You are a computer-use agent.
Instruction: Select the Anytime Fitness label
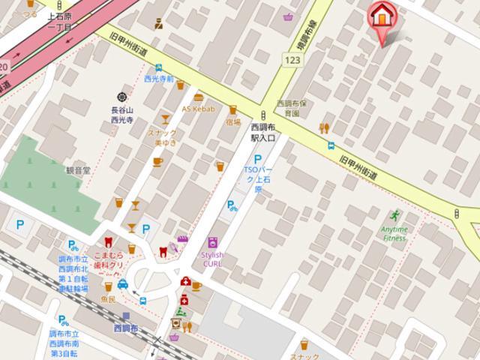[x=394, y=234]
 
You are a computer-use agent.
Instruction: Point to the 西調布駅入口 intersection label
[x=263, y=133]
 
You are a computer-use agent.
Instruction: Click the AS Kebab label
[x=198, y=109]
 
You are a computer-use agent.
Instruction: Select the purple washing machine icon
[x=213, y=243]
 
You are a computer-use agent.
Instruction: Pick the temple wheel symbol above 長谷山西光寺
[x=121, y=97]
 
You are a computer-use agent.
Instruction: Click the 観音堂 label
[x=77, y=170]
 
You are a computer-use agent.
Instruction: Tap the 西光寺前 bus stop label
[x=158, y=78]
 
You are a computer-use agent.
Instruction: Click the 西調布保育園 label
[x=288, y=108]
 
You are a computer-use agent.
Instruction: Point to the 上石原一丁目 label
[x=59, y=22]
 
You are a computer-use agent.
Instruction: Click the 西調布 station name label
[x=126, y=328]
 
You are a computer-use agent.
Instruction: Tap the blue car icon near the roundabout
[x=123, y=284]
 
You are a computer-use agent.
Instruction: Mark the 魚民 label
[x=108, y=299]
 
